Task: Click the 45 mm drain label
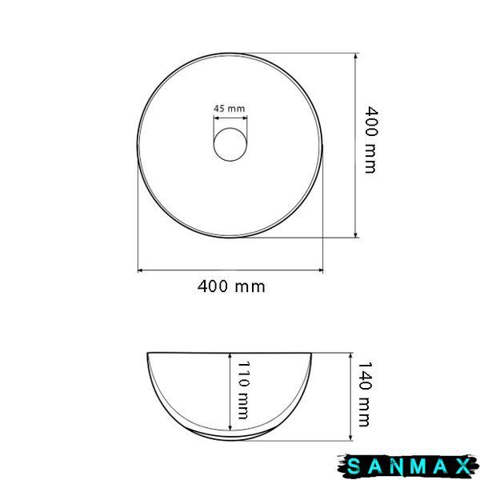(x=230, y=109)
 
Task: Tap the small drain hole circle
(x=230, y=144)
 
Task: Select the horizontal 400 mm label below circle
(x=231, y=287)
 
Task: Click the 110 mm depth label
(x=243, y=390)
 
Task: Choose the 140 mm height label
(x=365, y=394)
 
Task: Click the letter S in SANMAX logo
(x=354, y=467)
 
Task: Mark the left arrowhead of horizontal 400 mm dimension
(x=140, y=270)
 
